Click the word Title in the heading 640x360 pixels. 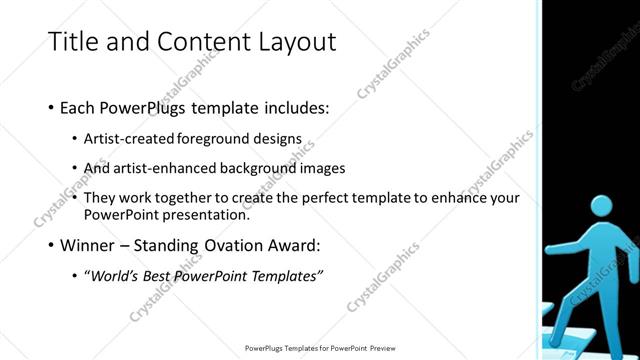(x=73, y=42)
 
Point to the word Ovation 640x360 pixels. (x=259, y=245)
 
